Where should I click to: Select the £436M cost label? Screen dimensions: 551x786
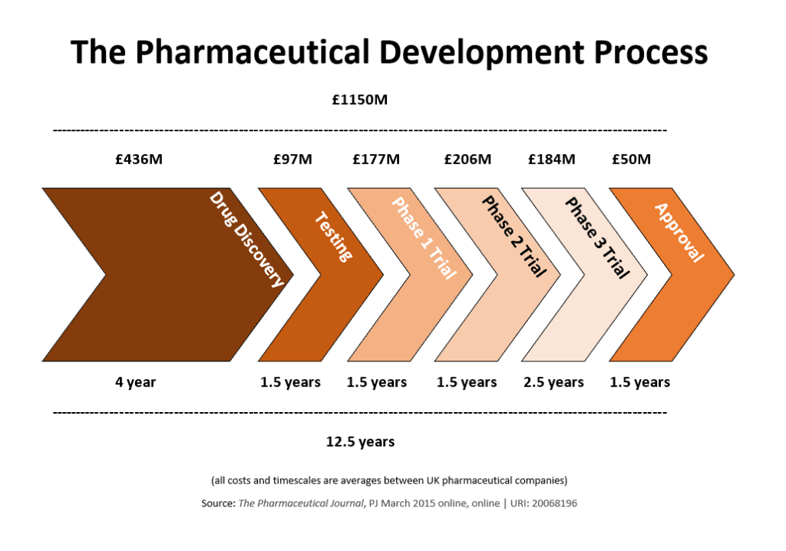[139, 160]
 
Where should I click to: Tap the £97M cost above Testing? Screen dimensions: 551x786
[292, 160]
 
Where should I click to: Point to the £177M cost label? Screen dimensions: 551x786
[376, 160]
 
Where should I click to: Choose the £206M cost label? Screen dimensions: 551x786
[467, 160]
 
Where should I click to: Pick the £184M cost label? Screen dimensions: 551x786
[551, 160]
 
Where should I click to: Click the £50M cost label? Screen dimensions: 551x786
[631, 160]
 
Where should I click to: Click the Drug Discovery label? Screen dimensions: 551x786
[246, 239]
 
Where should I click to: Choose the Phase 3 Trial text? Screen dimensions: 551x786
[597, 238]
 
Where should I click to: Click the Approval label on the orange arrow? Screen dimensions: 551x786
[679, 233]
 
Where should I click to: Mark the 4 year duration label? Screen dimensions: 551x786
[136, 382]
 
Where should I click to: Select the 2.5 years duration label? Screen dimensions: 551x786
[553, 382]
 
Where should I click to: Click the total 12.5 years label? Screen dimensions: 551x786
[360, 442]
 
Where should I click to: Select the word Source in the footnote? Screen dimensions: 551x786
[217, 504]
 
